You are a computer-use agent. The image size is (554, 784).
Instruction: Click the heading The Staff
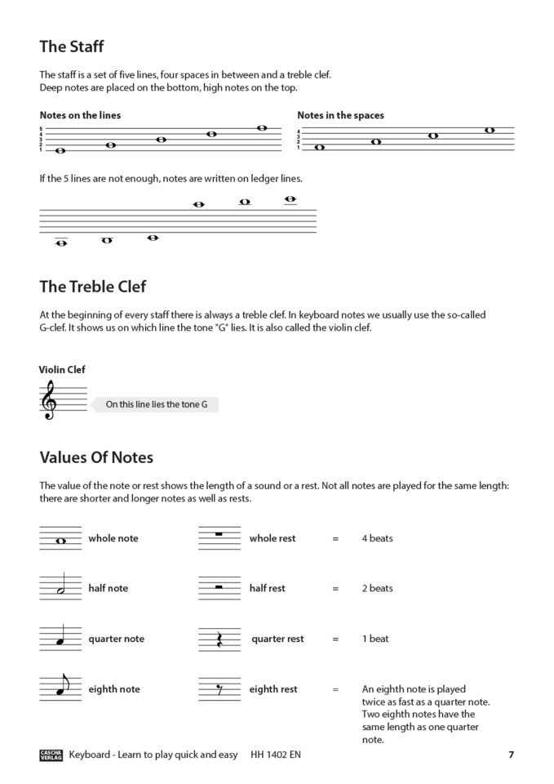(x=72, y=47)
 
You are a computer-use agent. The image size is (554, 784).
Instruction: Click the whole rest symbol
(x=218, y=535)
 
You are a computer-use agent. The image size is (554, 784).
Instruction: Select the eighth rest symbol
(x=218, y=691)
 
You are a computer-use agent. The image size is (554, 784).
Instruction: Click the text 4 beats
(x=377, y=539)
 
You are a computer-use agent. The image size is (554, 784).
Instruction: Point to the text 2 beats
(x=377, y=589)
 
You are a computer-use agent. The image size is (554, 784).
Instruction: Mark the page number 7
(x=511, y=755)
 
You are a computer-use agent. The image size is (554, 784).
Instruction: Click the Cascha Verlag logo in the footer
(x=51, y=755)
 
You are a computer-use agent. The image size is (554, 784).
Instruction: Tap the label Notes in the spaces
(x=340, y=115)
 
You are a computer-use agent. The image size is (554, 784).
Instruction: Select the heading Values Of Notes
(x=96, y=457)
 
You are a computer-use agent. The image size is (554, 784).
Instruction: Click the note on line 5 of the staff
(x=262, y=128)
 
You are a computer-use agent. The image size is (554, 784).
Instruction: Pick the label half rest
(x=268, y=589)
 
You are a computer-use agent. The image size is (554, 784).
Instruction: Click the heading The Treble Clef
(x=93, y=287)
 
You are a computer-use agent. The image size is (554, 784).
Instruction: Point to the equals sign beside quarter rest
(x=335, y=639)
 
